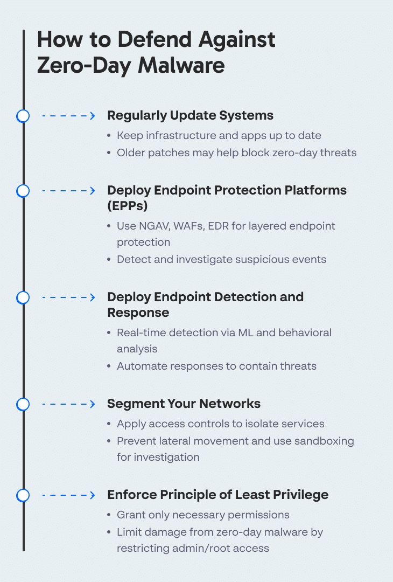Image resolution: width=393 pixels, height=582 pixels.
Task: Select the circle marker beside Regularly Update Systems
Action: tap(23, 116)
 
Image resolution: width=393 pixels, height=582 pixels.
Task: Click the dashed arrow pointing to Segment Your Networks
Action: tap(68, 404)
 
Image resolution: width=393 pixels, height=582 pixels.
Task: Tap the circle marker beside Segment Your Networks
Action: tap(23, 404)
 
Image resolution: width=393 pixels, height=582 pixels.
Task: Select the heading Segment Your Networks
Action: tap(184, 404)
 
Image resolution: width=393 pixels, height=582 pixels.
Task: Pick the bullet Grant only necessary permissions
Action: tap(203, 515)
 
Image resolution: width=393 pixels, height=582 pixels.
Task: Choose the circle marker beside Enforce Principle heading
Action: tap(23, 495)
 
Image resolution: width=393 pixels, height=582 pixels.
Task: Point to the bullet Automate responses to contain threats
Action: tap(216, 366)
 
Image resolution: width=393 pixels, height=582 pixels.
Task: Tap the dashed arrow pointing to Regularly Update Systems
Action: tap(68, 116)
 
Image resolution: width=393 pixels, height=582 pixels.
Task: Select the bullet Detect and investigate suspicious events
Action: tap(221, 259)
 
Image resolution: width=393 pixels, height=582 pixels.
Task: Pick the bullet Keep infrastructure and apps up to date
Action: tap(219, 136)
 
